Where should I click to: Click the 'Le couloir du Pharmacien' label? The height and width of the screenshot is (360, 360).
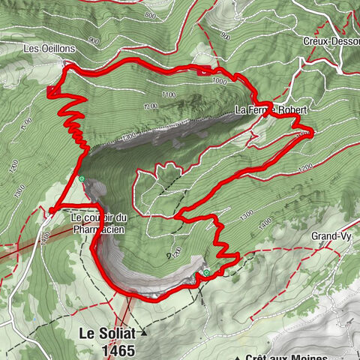pyautogui.click(x=99, y=222)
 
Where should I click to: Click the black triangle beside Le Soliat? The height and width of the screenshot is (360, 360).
pyautogui.click(x=145, y=331)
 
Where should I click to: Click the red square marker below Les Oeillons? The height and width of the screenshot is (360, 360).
pyautogui.click(x=51, y=91)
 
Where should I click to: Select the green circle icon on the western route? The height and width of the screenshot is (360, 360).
pyautogui.click(x=80, y=179)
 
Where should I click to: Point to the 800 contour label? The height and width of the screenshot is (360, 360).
pyautogui.click(x=150, y=15)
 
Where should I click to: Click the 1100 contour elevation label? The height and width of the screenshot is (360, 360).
pyautogui.click(x=167, y=95)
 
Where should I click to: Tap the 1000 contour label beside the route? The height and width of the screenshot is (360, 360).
pyautogui.click(x=219, y=80)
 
